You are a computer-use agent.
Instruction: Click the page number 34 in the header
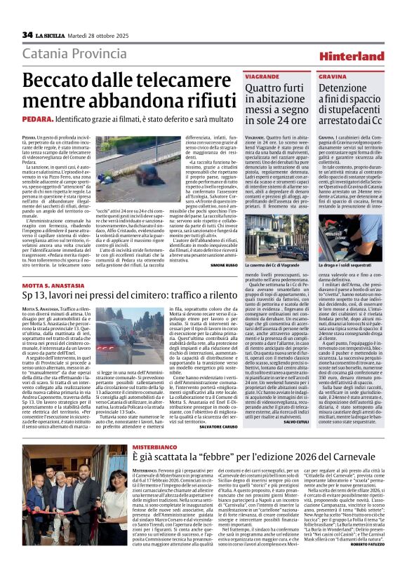(x=27, y=35)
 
